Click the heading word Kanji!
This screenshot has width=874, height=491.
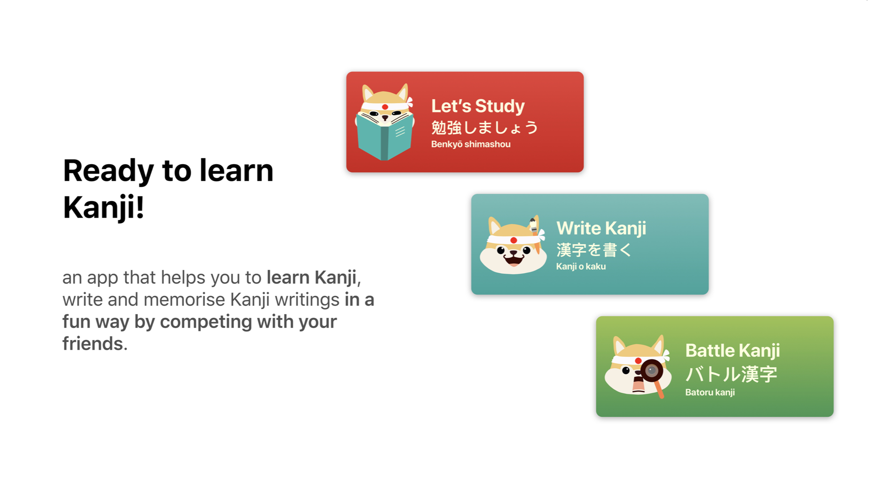click(104, 208)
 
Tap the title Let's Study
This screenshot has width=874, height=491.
click(478, 106)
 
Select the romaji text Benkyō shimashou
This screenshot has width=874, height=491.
click(471, 144)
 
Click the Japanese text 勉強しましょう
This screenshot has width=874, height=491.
click(484, 127)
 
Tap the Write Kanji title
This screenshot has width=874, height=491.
click(601, 228)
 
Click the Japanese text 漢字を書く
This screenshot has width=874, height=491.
click(594, 250)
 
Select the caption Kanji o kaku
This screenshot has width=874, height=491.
click(581, 266)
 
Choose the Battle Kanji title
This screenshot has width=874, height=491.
click(732, 351)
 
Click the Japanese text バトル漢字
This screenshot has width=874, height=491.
click(731, 374)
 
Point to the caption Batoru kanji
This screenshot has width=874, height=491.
click(710, 392)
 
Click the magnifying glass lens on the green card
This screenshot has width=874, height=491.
click(652, 371)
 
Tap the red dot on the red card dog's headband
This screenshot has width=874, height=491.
click(385, 107)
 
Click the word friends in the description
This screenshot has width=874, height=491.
click(93, 344)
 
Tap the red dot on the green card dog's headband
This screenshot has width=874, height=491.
click(638, 361)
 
